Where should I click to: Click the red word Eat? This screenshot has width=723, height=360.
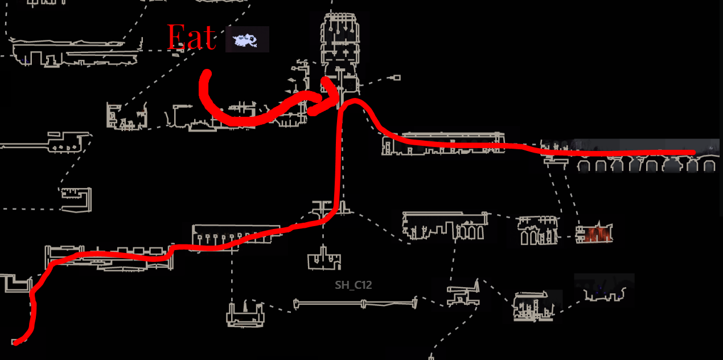(191, 38)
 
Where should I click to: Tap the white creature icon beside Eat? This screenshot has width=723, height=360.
(247, 40)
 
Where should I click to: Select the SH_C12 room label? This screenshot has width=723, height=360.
(353, 285)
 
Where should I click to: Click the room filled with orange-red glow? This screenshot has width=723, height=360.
(594, 234)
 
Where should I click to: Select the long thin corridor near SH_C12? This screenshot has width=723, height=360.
(356, 304)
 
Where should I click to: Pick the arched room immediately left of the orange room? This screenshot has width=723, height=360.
(538, 231)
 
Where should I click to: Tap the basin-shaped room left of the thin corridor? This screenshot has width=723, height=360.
(246, 315)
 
